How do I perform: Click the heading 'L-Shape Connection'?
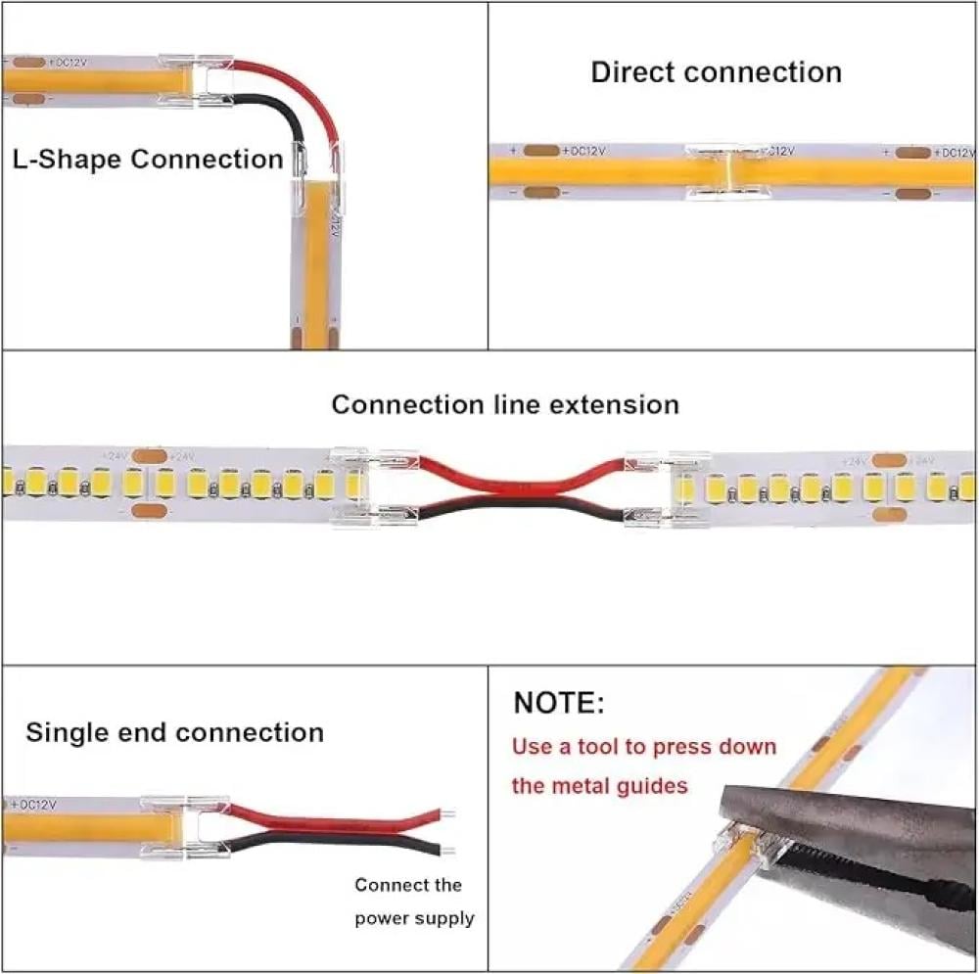click(148, 160)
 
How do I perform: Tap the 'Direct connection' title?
click(716, 72)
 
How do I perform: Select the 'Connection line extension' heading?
click(504, 404)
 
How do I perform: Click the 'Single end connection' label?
click(174, 732)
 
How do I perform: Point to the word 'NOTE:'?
click(559, 703)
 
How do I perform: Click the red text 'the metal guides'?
click(599, 785)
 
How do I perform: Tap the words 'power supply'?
click(414, 918)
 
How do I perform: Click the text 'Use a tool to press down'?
click(644, 747)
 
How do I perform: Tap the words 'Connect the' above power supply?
click(407, 885)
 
